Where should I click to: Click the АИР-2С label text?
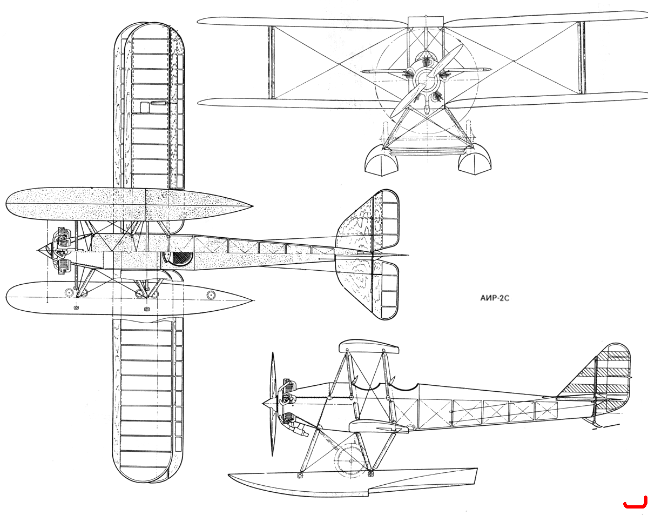tap(495, 298)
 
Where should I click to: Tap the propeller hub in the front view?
tap(426, 78)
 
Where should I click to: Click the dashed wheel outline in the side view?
tap(351, 461)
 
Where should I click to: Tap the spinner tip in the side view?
tap(263, 403)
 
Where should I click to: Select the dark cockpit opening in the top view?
tap(181, 258)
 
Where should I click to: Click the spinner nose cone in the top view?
tap(44, 250)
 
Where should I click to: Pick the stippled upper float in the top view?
tap(129, 204)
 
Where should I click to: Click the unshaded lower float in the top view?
tap(129, 299)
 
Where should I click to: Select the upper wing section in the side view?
tap(369, 346)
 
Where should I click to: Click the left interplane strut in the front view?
tap(271, 62)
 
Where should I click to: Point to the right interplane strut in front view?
tap(582, 57)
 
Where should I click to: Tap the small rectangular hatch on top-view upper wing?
tap(145, 108)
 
